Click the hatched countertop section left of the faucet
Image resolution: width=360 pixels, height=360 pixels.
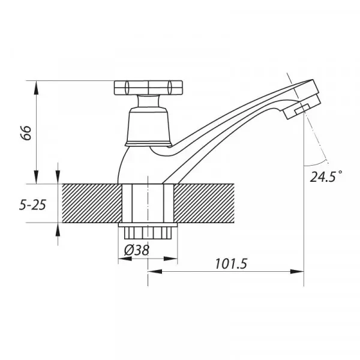coord(90,204)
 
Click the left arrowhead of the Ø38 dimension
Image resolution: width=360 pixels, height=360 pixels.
coord(122,259)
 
